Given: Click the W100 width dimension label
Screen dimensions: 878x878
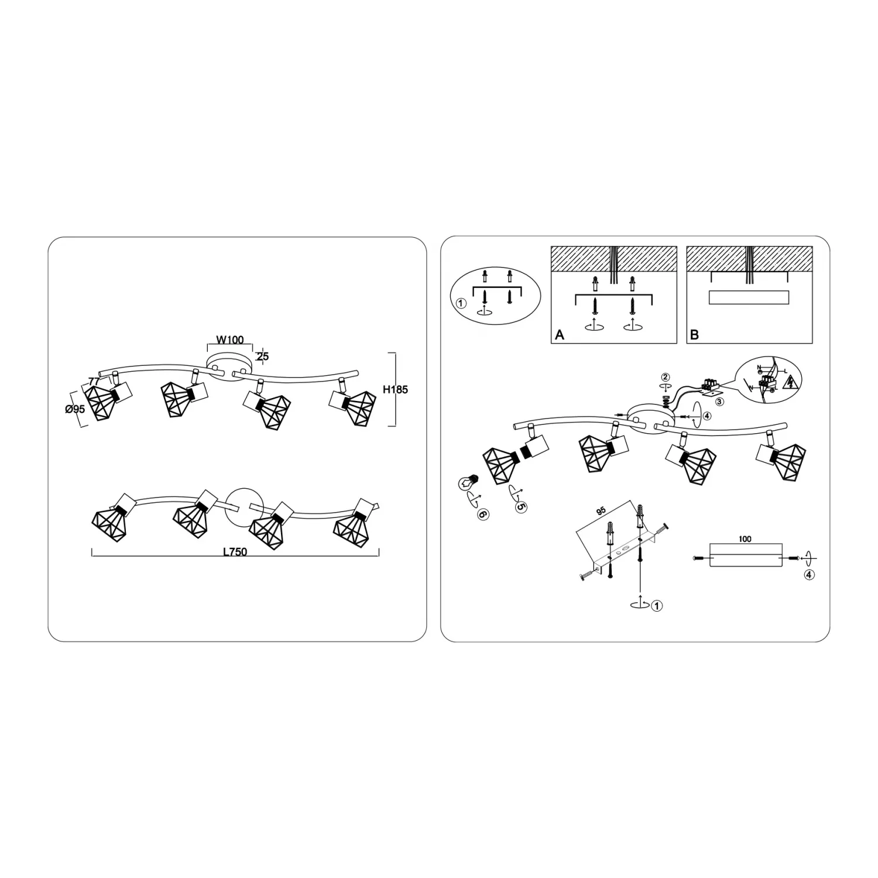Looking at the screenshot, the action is point(230,340).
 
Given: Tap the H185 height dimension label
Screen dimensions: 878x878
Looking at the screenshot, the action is point(395,389).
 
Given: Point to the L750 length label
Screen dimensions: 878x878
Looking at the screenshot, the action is point(235,552).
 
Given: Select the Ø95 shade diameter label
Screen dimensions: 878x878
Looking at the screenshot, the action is point(75,409).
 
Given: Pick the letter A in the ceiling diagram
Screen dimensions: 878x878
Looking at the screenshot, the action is point(560,335).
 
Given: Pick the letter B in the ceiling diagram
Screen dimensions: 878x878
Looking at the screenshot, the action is point(694,335).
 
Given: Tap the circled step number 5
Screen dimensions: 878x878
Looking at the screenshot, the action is point(520,507).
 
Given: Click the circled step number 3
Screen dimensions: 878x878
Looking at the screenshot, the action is point(719,402).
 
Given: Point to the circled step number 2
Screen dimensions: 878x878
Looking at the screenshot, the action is point(665,377).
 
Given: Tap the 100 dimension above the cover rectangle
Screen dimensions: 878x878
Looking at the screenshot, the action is point(745,539).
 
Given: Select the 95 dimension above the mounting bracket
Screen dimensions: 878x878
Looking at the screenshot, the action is point(601,511).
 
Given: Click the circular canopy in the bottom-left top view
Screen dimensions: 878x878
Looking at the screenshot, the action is point(245,507).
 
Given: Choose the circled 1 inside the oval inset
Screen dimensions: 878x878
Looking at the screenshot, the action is point(461,303).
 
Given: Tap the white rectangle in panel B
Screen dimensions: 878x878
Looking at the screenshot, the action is point(749,297).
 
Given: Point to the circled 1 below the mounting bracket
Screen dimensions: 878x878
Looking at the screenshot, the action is point(657,606).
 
